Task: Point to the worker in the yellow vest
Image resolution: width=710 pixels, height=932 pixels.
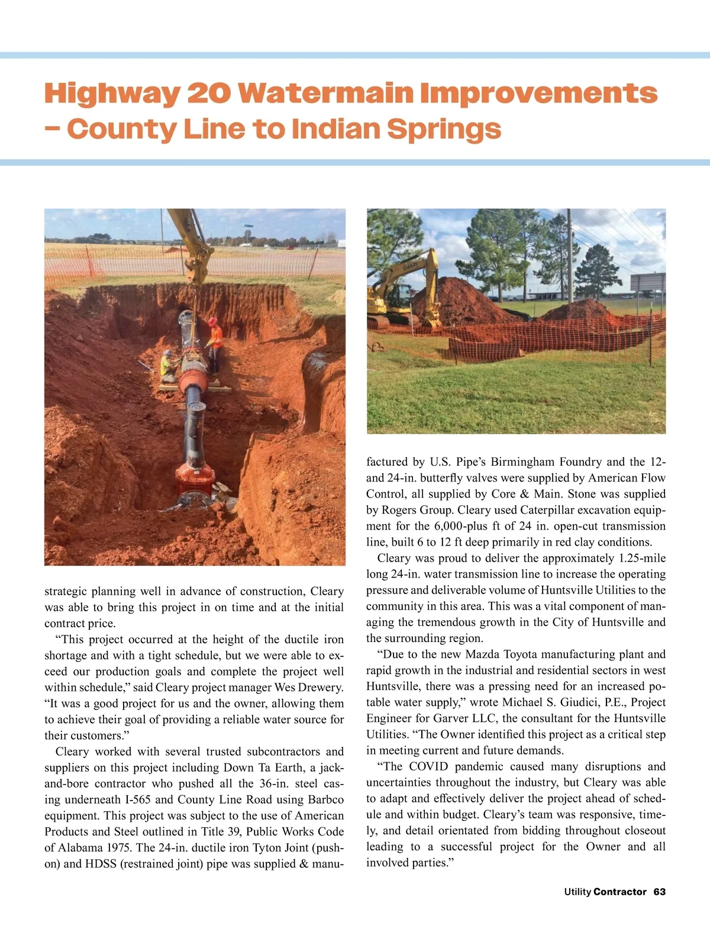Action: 168,365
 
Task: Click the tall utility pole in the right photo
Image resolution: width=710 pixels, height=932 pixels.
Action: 570,254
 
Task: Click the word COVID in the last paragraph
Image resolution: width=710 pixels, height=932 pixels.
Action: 428,767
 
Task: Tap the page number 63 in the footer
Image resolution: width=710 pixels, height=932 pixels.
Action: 660,892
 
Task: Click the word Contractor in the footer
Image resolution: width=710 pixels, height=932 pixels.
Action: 619,892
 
